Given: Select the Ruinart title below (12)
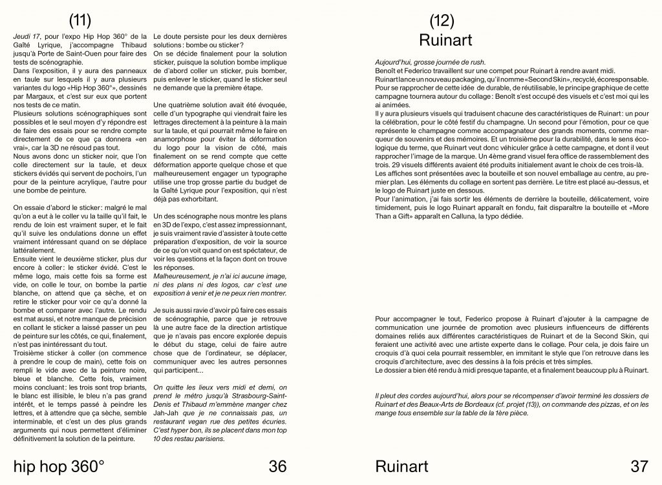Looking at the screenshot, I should coord(445,41).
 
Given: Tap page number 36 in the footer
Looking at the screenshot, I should coord(277,466).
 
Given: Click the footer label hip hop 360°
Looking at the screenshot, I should coord(59,466).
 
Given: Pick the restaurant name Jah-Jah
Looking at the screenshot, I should coord(169,414).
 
